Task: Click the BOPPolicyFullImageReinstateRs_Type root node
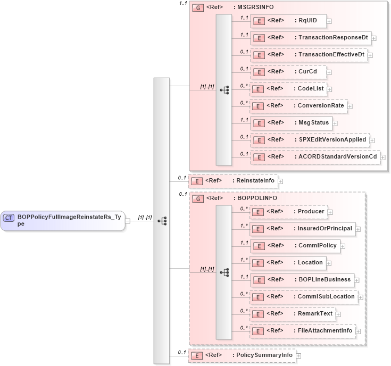pyautogui.click(x=63, y=220)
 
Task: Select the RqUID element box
pyautogui.click(x=288, y=21)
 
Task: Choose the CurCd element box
pyautogui.click(x=288, y=72)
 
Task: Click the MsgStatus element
pyautogui.click(x=292, y=122)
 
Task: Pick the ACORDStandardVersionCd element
pyautogui.click(x=315, y=156)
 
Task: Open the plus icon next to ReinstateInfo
pyautogui.click(x=280, y=181)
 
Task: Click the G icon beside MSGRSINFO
pyautogui.click(x=198, y=7)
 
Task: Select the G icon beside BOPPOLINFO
pyautogui.click(x=198, y=198)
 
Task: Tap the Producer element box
pyautogui.click(x=288, y=212)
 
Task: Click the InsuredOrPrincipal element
pyautogui.click(x=302, y=229)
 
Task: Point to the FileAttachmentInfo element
pyautogui.click(x=302, y=330)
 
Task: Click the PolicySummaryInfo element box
pyautogui.click(x=242, y=355)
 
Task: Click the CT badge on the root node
pyautogui.click(x=9, y=217)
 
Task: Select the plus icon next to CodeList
pyautogui.click(x=330, y=89)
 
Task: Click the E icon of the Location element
pyautogui.click(x=258, y=263)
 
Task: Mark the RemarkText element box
pyautogui.click(x=292, y=313)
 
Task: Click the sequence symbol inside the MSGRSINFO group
pyautogui.click(x=224, y=90)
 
